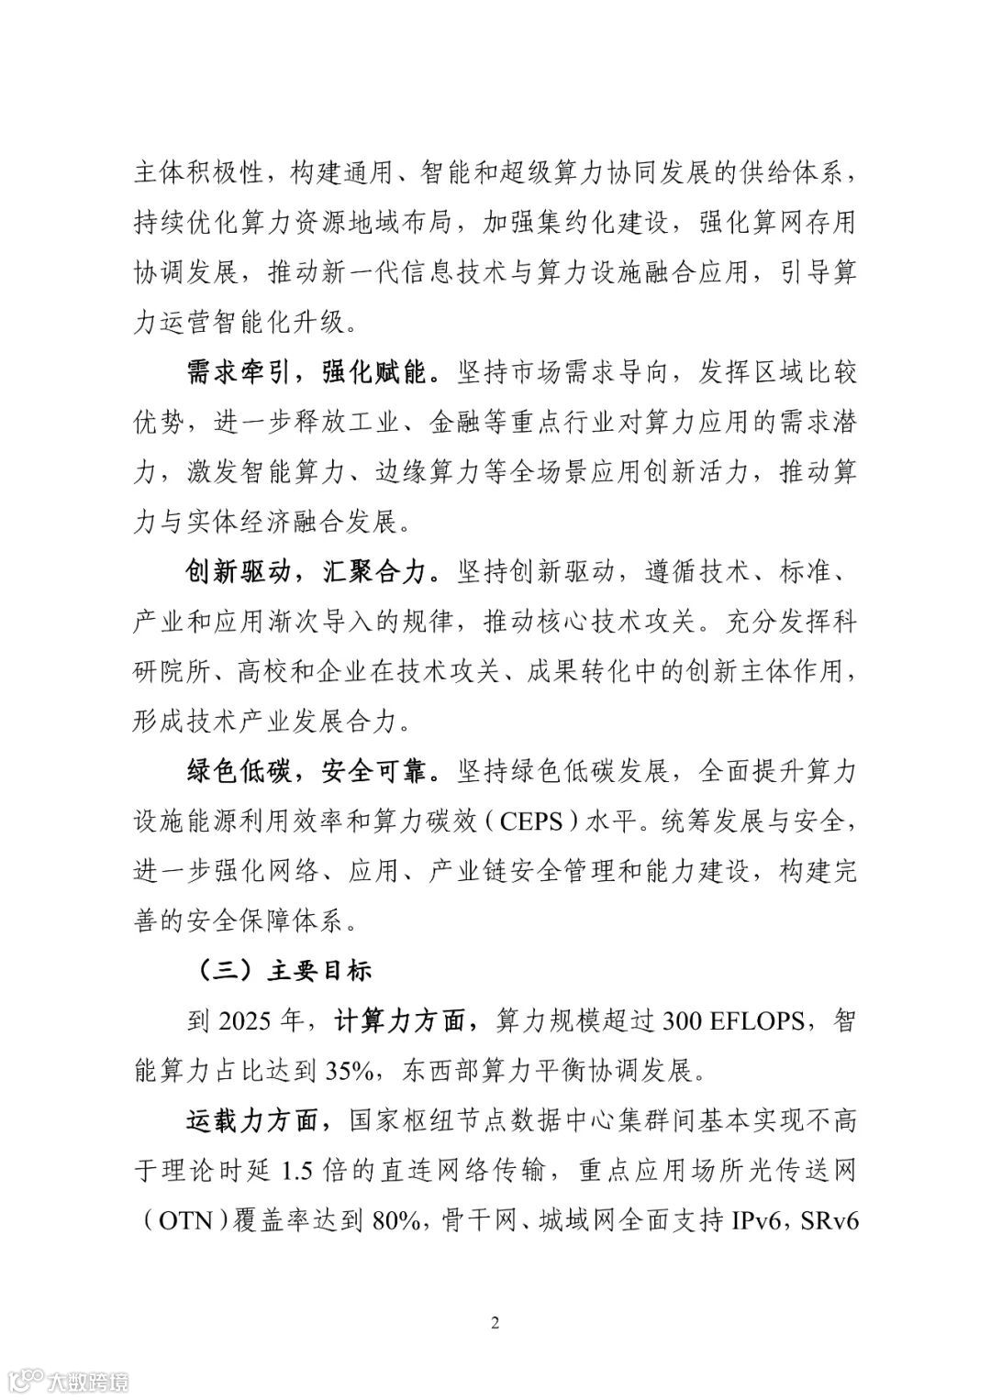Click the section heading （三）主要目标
pyautogui.click(x=285, y=969)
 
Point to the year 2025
pyautogui.click(x=240, y=1020)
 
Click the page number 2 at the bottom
pyautogui.click(x=495, y=1322)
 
